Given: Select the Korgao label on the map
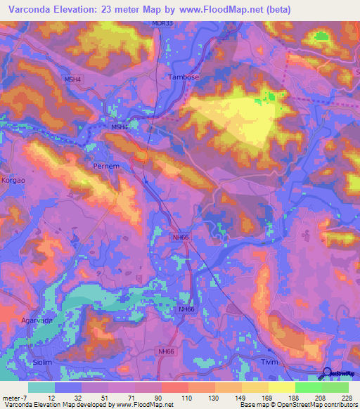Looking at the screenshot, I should [13, 180].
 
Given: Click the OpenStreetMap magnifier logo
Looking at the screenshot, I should [328, 375].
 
